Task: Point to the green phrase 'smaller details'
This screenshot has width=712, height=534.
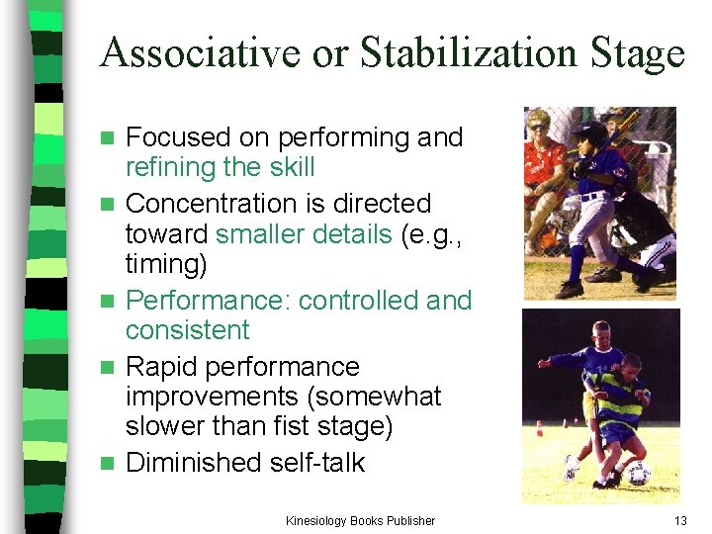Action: (302, 234)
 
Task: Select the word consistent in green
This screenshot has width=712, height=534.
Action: (188, 330)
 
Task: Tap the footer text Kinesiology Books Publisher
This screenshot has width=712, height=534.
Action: (360, 520)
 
